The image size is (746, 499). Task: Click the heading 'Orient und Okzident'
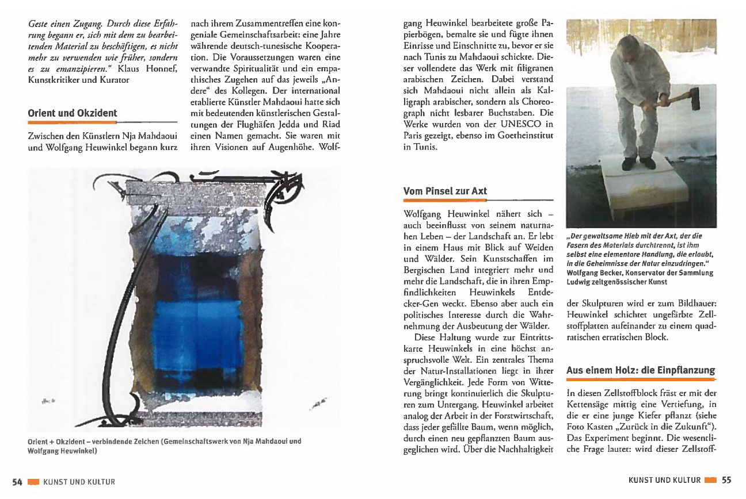[72, 113]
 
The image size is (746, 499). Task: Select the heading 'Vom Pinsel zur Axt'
[445, 191]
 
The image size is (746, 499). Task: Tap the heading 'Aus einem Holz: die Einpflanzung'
[640, 370]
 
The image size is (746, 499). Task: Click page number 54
[17, 482]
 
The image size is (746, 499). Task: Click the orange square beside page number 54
[32, 482]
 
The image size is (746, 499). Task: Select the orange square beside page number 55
[710, 481]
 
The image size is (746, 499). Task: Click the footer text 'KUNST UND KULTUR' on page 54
[79, 482]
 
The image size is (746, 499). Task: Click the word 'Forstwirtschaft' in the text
[521, 415]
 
